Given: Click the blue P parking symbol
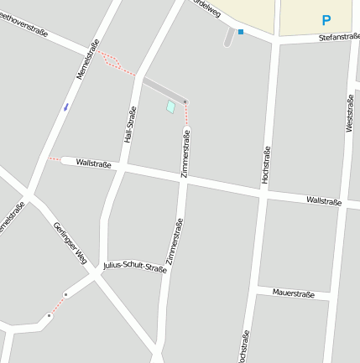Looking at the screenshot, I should [326, 20].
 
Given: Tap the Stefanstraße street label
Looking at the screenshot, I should [339, 38].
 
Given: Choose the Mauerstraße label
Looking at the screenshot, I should [294, 294].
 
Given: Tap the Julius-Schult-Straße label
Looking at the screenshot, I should [134, 267].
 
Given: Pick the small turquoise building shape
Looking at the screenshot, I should [171, 107].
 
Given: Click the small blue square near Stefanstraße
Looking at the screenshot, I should [241, 32].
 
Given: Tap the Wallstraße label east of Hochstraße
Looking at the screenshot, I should [324, 201].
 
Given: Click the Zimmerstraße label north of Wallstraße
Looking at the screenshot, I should [185, 152].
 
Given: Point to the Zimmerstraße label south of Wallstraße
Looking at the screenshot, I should [174, 241].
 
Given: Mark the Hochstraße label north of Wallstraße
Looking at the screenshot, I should [266, 163].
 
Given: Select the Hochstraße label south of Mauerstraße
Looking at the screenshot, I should [244, 346].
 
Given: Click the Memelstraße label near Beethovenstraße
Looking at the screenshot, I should [88, 60].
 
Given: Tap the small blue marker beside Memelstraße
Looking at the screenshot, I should [65, 106].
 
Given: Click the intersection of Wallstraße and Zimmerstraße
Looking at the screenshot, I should [183, 180].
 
